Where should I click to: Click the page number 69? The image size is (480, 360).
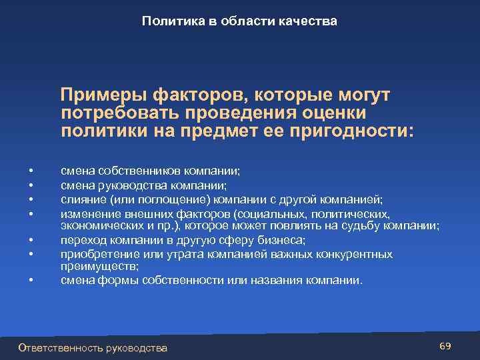tap(446, 346)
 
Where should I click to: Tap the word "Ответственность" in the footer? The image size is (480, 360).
tap(60, 348)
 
